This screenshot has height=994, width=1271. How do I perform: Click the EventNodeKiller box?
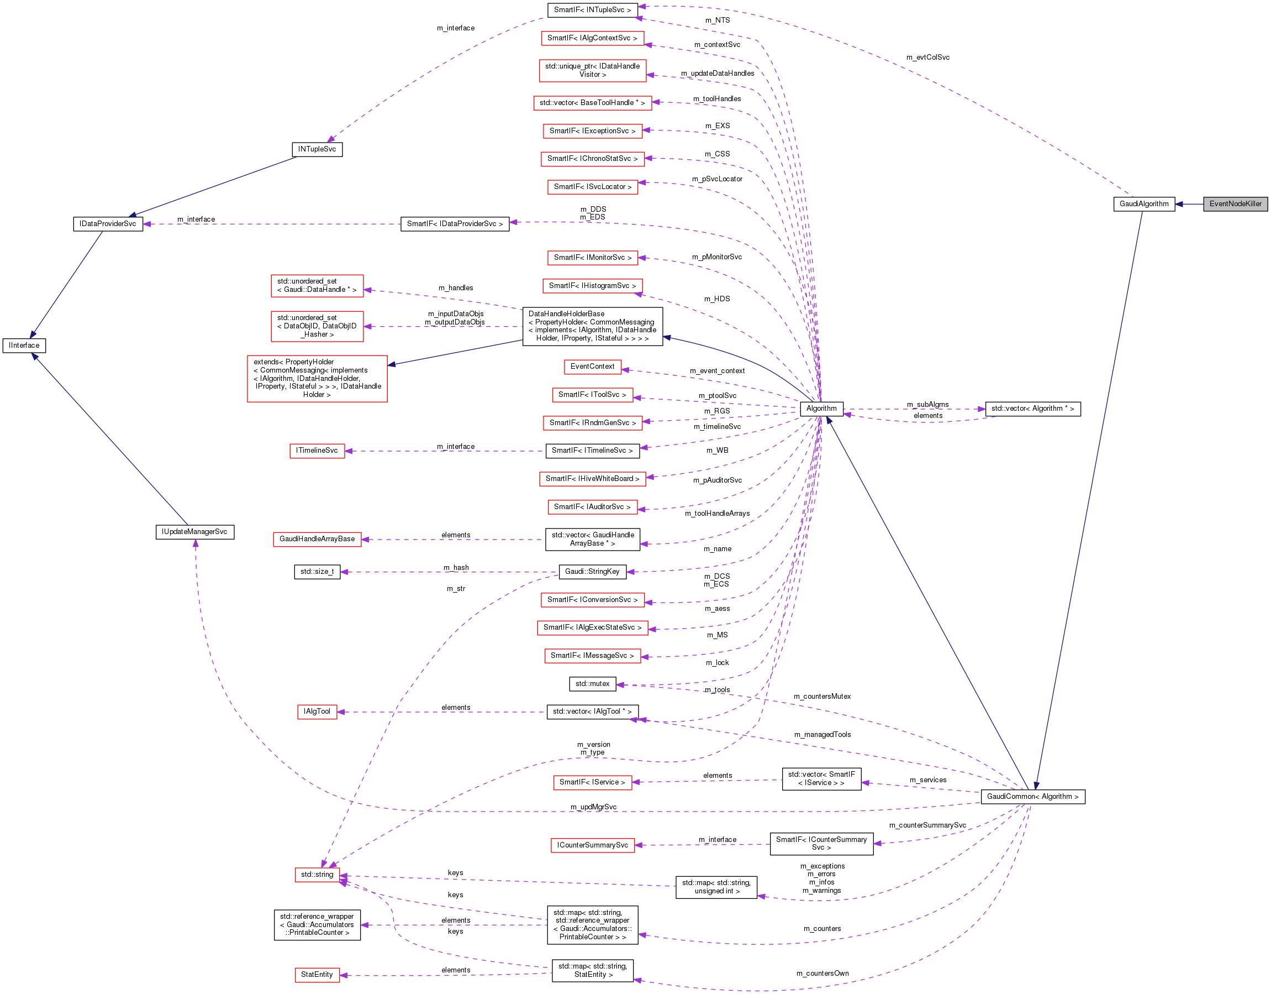[1235, 204]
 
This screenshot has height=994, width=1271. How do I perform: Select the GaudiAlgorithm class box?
[1143, 204]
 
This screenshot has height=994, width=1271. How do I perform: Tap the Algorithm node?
[821, 409]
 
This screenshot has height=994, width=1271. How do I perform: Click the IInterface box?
[24, 346]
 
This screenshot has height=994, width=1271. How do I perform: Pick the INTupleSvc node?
[317, 149]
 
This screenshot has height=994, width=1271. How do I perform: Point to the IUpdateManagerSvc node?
[194, 532]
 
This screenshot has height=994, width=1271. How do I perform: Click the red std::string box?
[317, 875]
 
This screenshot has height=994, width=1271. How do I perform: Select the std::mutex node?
[593, 684]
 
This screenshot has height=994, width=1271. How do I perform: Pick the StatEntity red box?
[317, 974]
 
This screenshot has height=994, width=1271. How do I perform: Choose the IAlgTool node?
[317, 712]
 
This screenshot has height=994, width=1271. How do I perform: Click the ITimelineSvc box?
[317, 451]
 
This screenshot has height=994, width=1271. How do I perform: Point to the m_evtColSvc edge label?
[927, 57]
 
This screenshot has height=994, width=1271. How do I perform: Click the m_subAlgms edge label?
[927, 404]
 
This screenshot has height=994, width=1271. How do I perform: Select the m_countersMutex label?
[822, 697]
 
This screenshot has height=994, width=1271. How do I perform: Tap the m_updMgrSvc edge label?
[593, 807]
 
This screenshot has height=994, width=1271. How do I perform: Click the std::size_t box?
[317, 572]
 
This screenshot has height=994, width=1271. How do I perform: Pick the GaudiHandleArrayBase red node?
[317, 539]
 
